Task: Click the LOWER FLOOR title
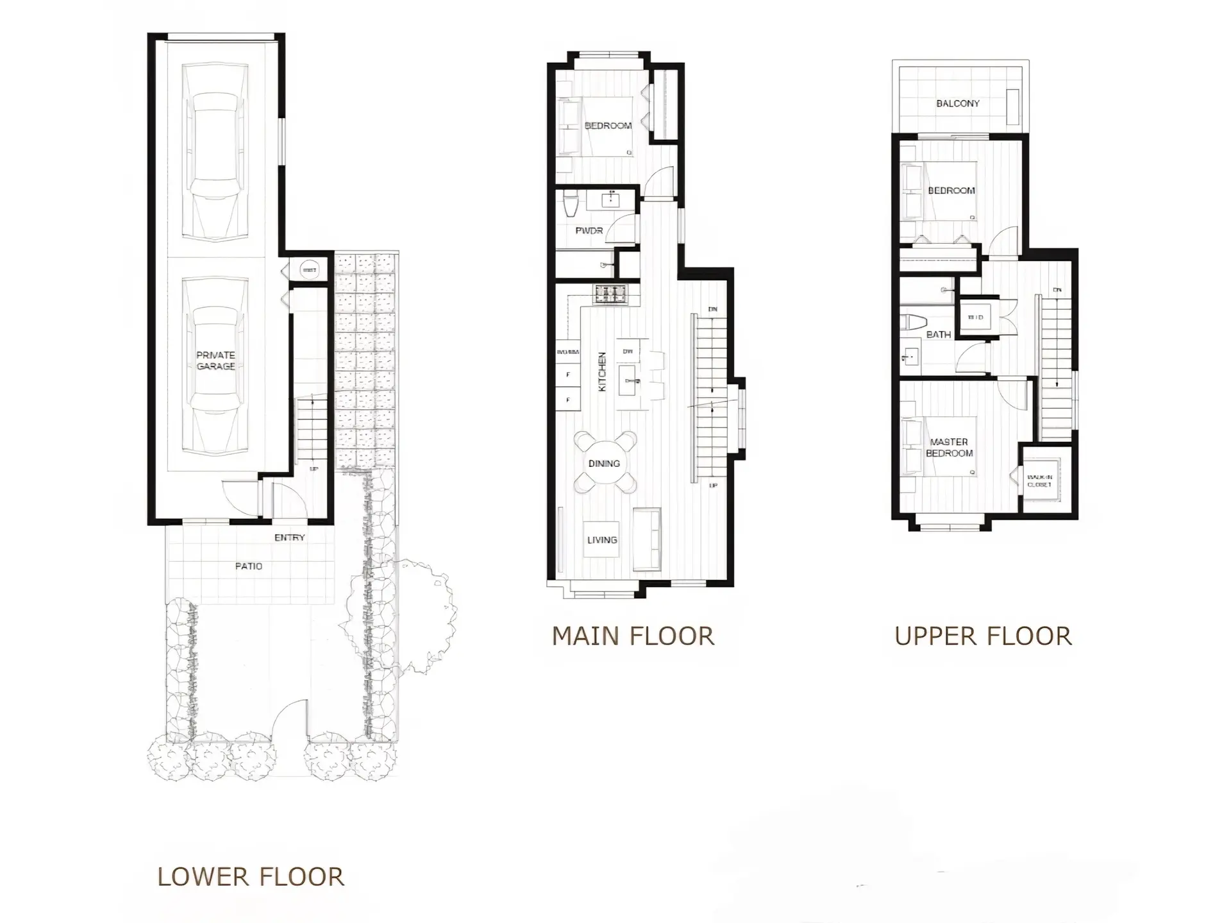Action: click(x=251, y=877)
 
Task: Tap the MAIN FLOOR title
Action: click(x=633, y=636)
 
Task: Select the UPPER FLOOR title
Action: click(x=983, y=636)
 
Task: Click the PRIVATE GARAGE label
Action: click(x=215, y=360)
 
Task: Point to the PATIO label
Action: click(x=249, y=566)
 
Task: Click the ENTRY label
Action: click(x=290, y=538)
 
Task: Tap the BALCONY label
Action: click(x=958, y=103)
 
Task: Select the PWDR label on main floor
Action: click(x=589, y=230)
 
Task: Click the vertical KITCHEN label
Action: click(x=602, y=372)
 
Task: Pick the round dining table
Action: click(x=605, y=462)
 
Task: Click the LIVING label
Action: click(x=602, y=540)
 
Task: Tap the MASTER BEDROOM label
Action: click(x=949, y=447)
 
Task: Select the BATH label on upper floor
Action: click(x=938, y=335)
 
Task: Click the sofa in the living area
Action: click(x=646, y=539)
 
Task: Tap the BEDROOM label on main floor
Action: click(x=608, y=126)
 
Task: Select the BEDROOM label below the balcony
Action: click(x=951, y=191)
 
